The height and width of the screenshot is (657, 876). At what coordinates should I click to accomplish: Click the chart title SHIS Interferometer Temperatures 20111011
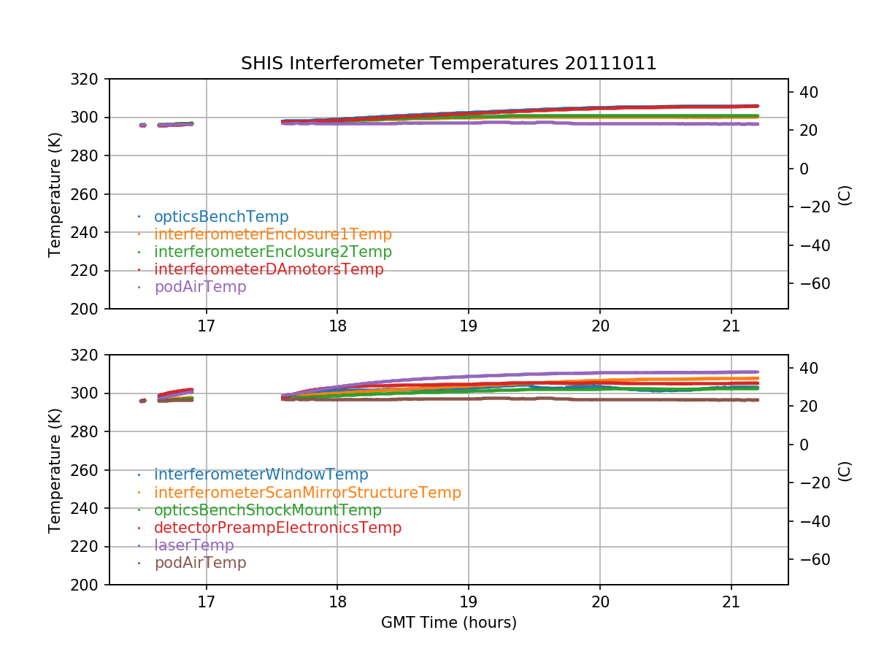[x=448, y=64]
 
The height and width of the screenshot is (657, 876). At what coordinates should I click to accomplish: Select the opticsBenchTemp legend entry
[x=221, y=217]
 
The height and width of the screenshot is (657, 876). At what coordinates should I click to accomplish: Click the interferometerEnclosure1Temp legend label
[x=273, y=234]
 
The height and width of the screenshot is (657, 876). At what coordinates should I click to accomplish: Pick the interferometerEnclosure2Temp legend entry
[x=273, y=252]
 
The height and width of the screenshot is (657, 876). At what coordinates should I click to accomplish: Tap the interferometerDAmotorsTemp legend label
[x=269, y=269]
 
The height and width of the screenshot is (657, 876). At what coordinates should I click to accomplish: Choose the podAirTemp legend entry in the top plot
[x=200, y=287]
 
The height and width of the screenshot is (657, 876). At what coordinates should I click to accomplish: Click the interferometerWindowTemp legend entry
[x=261, y=475]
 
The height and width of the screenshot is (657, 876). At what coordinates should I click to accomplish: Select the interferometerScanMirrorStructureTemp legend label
[x=307, y=493]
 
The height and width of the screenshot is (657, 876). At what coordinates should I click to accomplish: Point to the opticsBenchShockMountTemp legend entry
[x=268, y=510]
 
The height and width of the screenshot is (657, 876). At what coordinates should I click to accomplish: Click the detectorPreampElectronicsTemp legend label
[x=277, y=528]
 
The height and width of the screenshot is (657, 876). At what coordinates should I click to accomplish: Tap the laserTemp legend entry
[x=194, y=545]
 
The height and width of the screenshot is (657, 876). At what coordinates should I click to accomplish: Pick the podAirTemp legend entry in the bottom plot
[x=200, y=563]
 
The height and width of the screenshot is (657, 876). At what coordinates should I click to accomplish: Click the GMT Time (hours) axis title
[x=448, y=623]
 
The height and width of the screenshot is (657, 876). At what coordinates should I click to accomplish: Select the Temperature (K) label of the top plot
[x=55, y=193]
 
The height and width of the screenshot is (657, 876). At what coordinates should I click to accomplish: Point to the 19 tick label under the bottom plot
[x=468, y=601]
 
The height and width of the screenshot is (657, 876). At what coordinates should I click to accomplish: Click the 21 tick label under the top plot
[x=731, y=325]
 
